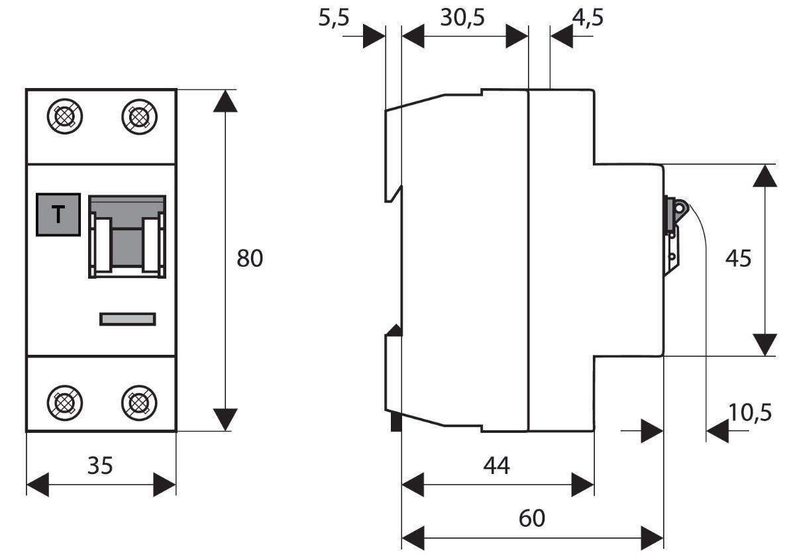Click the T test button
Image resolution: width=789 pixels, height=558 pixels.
coord(58,214)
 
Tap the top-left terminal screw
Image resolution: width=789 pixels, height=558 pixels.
coord(65,116)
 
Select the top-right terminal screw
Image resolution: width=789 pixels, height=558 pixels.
coord(139,116)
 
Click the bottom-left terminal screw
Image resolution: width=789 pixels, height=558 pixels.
coord(65,402)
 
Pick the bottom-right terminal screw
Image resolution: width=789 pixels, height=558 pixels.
coord(139,402)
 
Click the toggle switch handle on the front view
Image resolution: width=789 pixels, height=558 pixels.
coord(127,237)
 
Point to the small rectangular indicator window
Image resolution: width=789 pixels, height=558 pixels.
coord(128,318)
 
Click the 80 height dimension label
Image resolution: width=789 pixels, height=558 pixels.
coord(250,258)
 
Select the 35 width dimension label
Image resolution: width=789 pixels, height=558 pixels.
coord(100,465)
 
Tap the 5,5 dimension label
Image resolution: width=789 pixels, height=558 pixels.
coord(334,18)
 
